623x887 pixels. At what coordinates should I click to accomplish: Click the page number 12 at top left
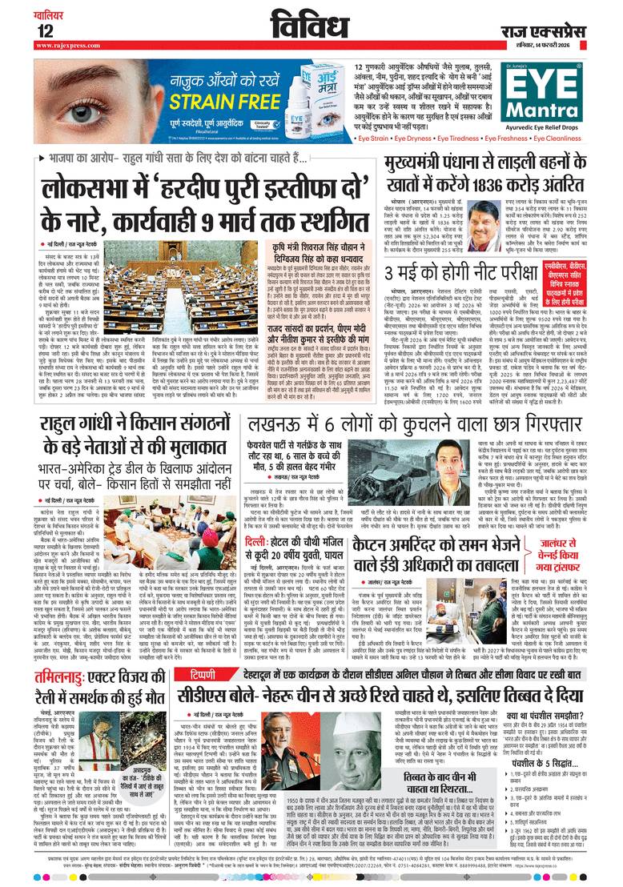22,32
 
